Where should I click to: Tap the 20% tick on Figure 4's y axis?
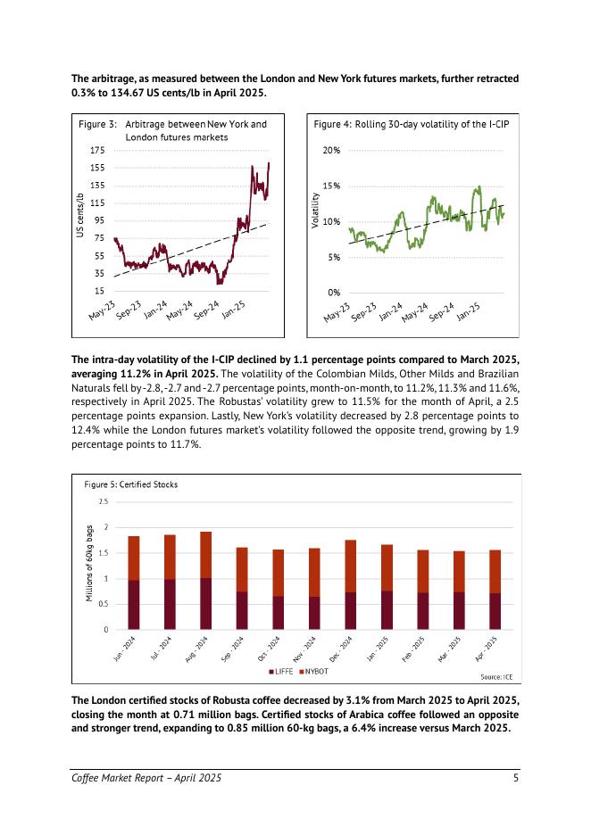tap(331, 151)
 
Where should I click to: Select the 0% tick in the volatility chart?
tap(333, 293)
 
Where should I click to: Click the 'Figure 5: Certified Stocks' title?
tap(130, 484)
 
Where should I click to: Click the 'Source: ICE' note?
tap(496, 677)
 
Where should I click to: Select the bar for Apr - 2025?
tap(495, 589)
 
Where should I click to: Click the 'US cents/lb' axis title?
tap(80, 216)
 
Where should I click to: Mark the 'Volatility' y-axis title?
tap(314, 215)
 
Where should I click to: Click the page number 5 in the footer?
tap(516, 779)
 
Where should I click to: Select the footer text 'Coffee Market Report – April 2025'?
tap(146, 779)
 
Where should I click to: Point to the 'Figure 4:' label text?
tap(332, 125)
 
